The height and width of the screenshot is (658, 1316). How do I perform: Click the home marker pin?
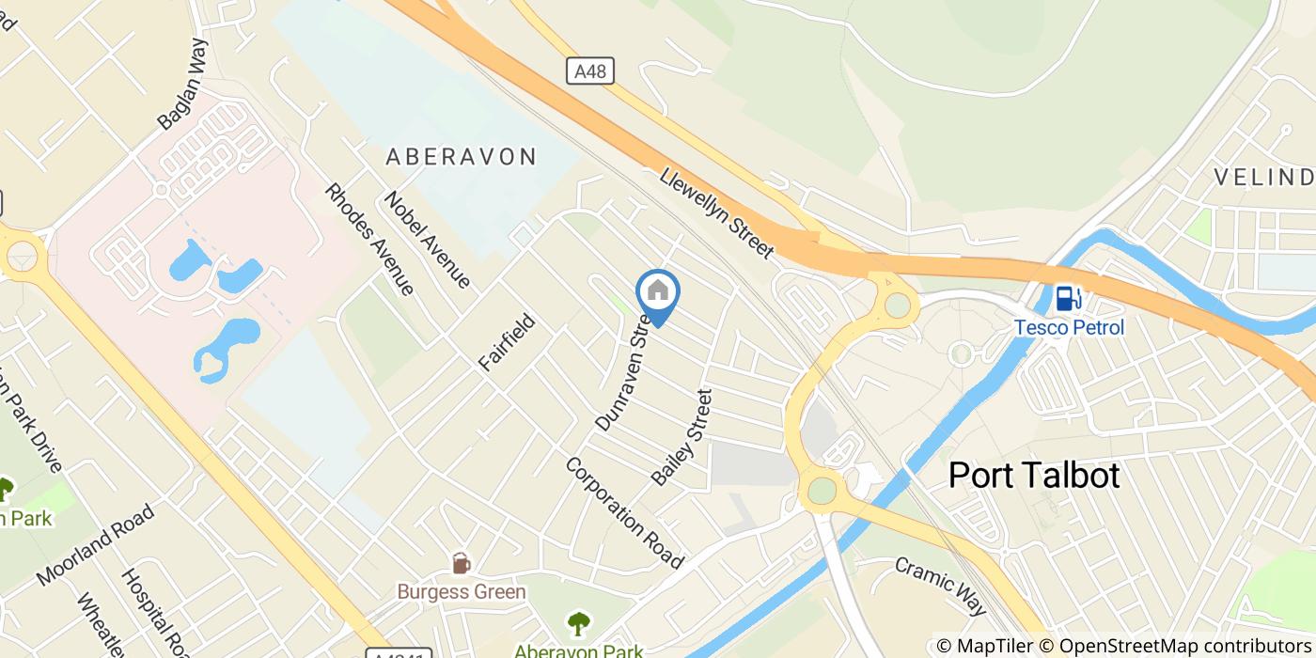pyautogui.click(x=658, y=293)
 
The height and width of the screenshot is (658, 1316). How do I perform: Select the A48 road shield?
pyautogui.click(x=590, y=70)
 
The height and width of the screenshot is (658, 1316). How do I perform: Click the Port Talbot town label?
pyautogui.click(x=1034, y=476)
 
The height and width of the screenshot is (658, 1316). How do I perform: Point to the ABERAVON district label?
pyautogui.click(x=461, y=157)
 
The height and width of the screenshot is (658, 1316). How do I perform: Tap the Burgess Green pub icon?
pyautogui.click(x=461, y=563)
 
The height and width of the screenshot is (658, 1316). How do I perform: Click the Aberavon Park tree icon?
pyautogui.click(x=578, y=622)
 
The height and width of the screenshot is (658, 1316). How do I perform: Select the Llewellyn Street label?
pyautogui.click(x=716, y=213)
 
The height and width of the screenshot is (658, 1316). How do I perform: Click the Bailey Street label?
pyautogui.click(x=682, y=437)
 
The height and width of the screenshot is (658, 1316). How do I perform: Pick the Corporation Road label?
pyautogui.click(x=624, y=512)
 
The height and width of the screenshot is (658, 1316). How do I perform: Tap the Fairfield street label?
pyautogui.click(x=507, y=343)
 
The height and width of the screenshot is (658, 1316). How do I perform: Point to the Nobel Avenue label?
pyautogui.click(x=427, y=240)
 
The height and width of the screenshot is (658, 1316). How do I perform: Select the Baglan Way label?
pyautogui.click(x=182, y=84)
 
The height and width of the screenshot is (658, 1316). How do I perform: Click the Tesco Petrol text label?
pyautogui.click(x=1068, y=327)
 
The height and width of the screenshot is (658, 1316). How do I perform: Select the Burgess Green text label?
pyautogui.click(x=461, y=592)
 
